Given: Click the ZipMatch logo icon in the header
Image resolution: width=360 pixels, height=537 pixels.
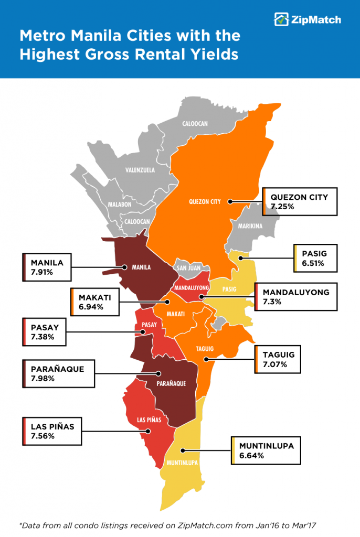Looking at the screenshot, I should click(x=281, y=19).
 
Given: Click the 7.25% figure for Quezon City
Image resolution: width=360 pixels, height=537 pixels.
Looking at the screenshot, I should click(x=282, y=207).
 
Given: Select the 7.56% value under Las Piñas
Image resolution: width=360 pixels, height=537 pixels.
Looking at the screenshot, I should click(x=43, y=436).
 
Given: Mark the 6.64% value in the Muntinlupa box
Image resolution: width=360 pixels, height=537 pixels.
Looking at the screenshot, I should click(x=251, y=455).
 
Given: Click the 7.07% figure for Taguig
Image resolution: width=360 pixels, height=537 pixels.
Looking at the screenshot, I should click(x=275, y=364).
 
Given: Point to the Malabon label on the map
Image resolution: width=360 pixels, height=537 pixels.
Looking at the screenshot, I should click(x=120, y=205).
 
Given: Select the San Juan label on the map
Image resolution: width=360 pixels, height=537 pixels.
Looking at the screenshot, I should click(x=188, y=267).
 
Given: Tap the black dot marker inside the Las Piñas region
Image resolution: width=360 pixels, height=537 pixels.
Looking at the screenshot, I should click(x=149, y=432).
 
